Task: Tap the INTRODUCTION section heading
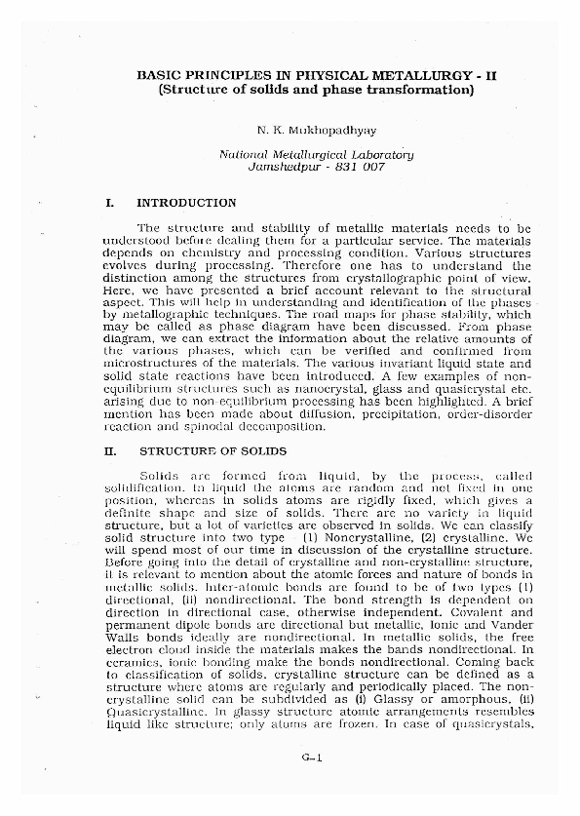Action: click(186, 204)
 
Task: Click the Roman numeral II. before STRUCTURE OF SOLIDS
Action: click(110, 451)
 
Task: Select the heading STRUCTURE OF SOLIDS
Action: click(213, 451)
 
